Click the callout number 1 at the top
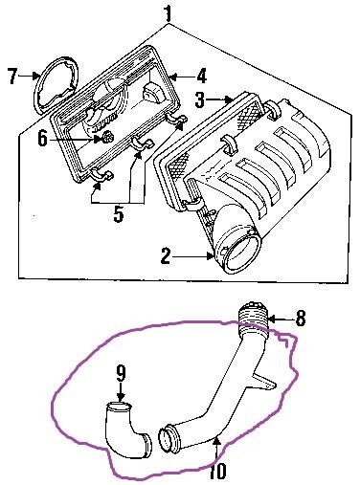pyautogui.click(x=169, y=12)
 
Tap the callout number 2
pyautogui.click(x=166, y=255)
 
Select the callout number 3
pyautogui.click(x=200, y=99)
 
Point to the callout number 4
pyautogui.click(x=201, y=77)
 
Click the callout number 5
pyautogui.click(x=119, y=213)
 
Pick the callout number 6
pyautogui.click(x=42, y=138)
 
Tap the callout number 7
pyautogui.click(x=12, y=76)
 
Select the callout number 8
pyautogui.click(x=301, y=318)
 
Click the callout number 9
pyautogui.click(x=121, y=373)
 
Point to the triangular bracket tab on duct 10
pyautogui.click(x=264, y=380)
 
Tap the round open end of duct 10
pyautogui.click(x=166, y=440)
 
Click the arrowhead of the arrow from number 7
pyautogui.click(x=37, y=76)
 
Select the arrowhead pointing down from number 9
pyautogui.click(x=121, y=397)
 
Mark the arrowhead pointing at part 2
pyautogui.click(x=210, y=255)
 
